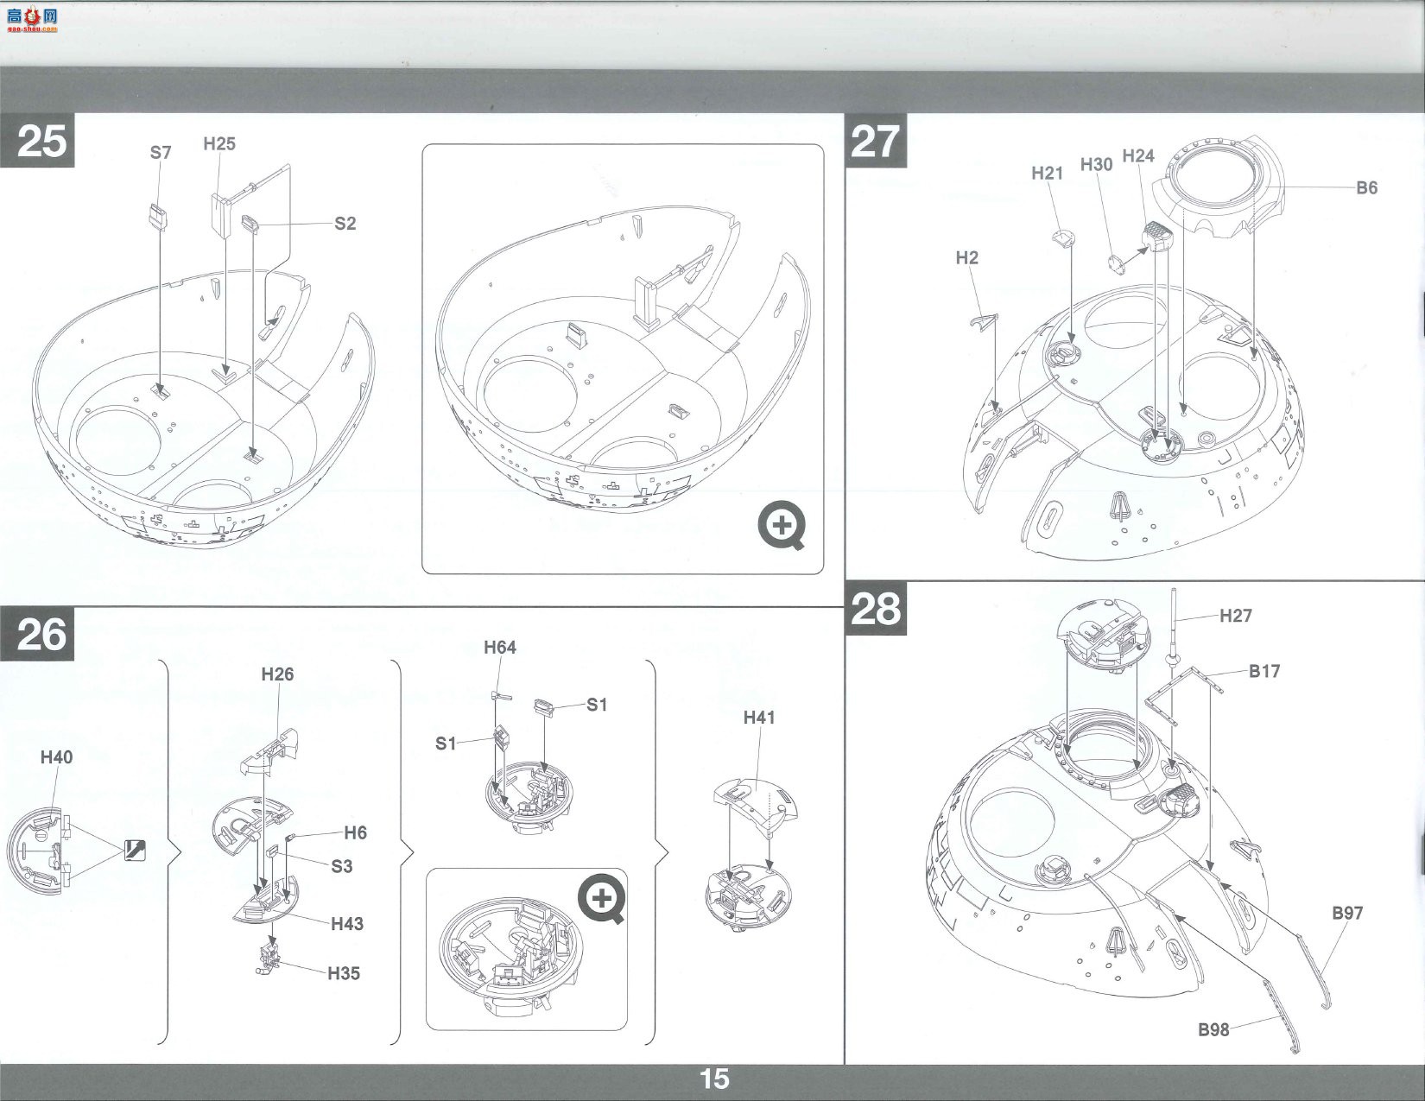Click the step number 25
pyautogui.click(x=41, y=141)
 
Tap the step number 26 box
pyautogui.click(x=37, y=634)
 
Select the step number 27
pyautogui.click(x=876, y=141)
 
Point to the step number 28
pyautogui.click(x=876, y=609)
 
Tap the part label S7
pyautogui.click(x=161, y=153)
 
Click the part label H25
pyautogui.click(x=219, y=143)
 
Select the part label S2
pyautogui.click(x=345, y=224)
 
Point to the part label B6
pyautogui.click(x=1366, y=188)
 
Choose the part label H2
pyautogui.click(x=967, y=257)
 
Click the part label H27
pyautogui.click(x=1236, y=616)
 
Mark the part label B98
pyautogui.click(x=1213, y=1029)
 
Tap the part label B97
pyautogui.click(x=1347, y=913)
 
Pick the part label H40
pyautogui.click(x=56, y=757)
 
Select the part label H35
pyautogui.click(x=345, y=973)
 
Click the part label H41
pyautogui.click(x=759, y=718)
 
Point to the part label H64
pyautogui.click(x=500, y=648)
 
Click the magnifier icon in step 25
pyautogui.click(x=782, y=525)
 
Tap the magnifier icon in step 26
pyautogui.click(x=602, y=898)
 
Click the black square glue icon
pyautogui.click(x=135, y=851)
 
